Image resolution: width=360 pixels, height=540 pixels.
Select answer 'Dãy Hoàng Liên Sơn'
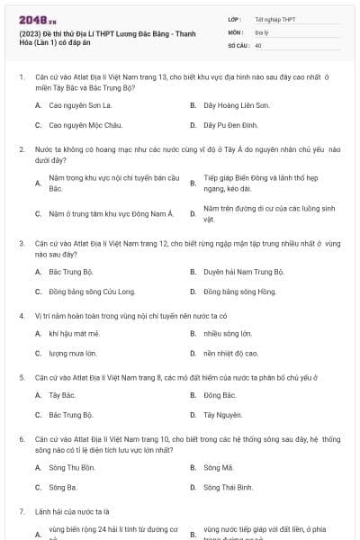231,105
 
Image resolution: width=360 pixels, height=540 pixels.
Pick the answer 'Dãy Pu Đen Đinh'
230,125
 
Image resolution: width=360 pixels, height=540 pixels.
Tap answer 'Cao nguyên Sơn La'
82,105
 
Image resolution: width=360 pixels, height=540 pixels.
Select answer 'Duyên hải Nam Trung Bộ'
243,271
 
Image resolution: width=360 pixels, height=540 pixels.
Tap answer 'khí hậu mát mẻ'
74,333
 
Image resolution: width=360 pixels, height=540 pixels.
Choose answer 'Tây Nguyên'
222,415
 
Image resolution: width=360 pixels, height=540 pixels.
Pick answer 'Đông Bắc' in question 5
220,395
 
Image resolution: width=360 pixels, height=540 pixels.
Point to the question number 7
21,511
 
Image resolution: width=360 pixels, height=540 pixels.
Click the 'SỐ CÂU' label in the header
238,44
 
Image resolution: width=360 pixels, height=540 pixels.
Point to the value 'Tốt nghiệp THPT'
274,19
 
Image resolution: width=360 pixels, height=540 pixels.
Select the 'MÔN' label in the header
236,31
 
